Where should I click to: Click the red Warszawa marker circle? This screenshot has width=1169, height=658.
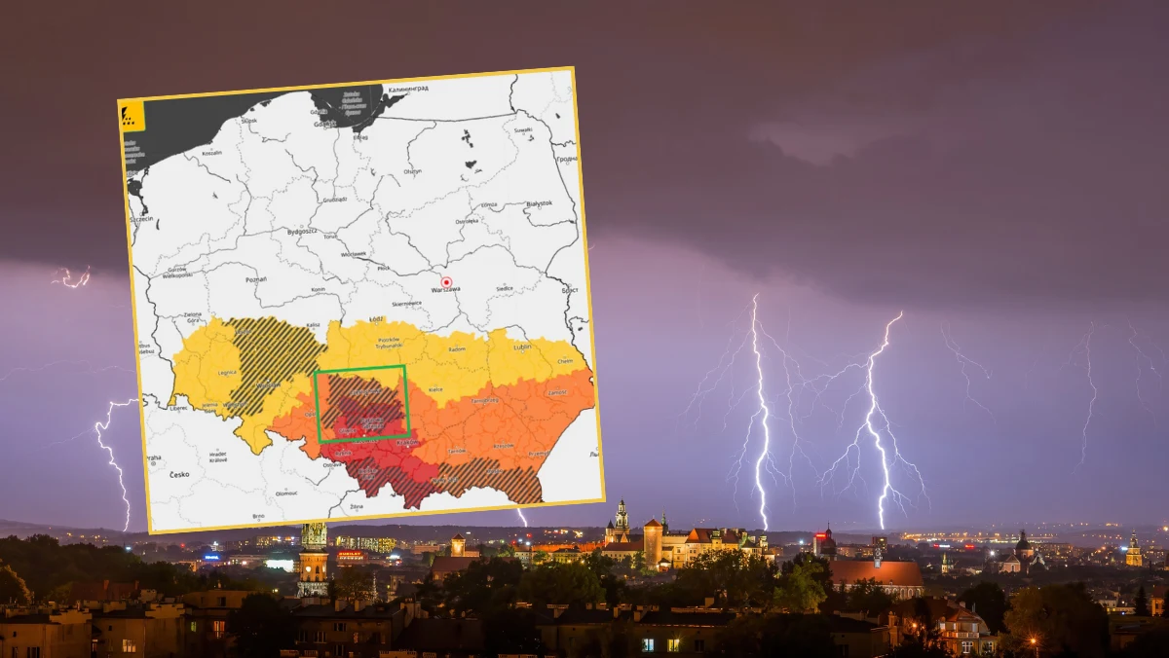(446, 281)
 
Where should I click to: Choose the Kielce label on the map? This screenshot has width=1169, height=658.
(435, 388)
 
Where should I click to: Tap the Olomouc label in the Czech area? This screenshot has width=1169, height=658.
(287, 493)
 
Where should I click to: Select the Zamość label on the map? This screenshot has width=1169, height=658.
(558, 391)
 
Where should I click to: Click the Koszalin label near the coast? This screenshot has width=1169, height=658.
(211, 153)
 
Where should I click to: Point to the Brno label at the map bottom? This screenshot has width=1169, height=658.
(258, 515)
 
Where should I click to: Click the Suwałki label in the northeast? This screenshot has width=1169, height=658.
(524, 129)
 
